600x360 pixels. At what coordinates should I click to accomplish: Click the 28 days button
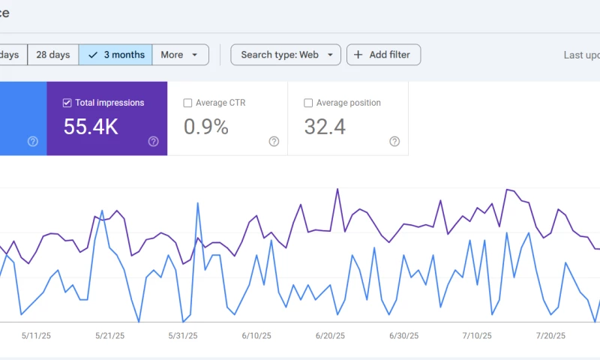52,55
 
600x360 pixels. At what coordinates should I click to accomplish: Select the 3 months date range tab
115,55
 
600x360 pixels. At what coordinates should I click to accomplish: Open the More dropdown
180,55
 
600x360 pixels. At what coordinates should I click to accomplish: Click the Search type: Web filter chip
286,55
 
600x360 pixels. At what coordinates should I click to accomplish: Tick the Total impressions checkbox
67,103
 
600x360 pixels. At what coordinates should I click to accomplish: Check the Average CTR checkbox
187,103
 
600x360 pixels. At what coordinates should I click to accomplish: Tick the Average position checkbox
307,103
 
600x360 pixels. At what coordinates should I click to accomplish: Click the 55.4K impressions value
91,127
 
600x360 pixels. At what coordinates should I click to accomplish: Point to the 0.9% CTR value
206,127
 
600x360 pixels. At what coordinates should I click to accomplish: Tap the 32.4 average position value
325,127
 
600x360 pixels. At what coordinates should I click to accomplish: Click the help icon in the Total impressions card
153,141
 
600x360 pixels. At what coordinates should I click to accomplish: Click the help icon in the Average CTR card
274,141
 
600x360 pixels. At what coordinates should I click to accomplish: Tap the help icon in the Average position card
394,141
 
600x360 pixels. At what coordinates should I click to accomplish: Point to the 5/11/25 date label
37,335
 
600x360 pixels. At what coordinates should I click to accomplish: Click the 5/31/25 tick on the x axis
184,335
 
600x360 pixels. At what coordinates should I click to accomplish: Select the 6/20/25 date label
330,335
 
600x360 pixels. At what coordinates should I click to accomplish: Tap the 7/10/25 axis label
476,335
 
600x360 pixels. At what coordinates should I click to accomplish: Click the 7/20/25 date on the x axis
551,335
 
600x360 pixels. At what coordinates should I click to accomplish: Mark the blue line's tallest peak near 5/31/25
197,202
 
